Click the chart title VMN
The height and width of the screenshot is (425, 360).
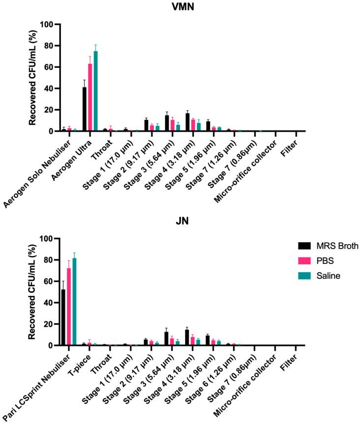click(x=180, y=7)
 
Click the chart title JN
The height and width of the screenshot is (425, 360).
click(x=180, y=222)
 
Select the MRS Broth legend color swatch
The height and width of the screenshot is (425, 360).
click(x=305, y=245)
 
